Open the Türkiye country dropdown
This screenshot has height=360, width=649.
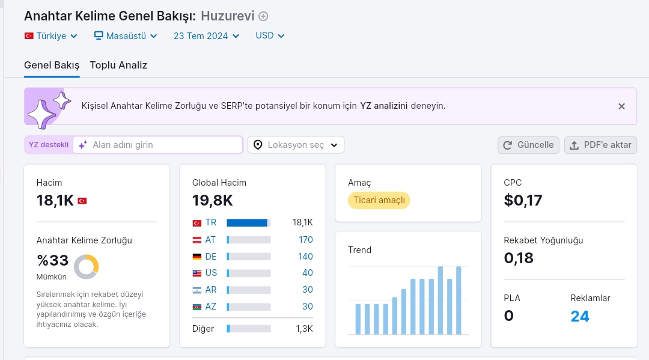coord(51,36)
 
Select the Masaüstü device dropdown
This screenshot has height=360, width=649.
coord(126,36)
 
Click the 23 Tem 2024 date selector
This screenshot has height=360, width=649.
coord(206,36)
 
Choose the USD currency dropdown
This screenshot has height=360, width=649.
coord(270,35)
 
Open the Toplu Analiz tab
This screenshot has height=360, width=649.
coord(118,65)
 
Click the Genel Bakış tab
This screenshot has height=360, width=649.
coord(52,65)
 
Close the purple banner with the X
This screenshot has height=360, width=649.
coord(621,106)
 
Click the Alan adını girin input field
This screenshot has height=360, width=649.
coord(157,145)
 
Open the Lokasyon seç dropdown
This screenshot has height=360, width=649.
coord(296,145)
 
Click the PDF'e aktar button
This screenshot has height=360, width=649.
coord(600,145)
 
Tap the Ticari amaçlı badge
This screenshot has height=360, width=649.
coord(379,200)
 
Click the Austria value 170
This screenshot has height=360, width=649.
coord(306,240)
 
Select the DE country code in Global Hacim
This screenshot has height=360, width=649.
coord(211,257)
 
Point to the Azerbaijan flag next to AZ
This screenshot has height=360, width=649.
coord(197,307)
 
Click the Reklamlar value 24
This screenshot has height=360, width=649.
coord(579,316)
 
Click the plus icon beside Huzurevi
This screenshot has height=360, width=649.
coord(263,16)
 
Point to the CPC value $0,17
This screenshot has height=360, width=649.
coord(523,200)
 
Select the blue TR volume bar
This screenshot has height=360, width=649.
coord(247,222)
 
